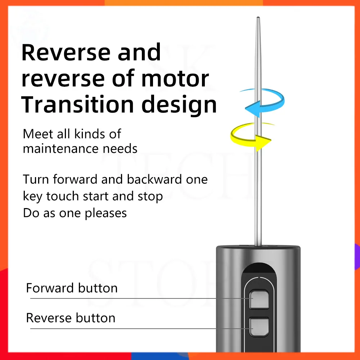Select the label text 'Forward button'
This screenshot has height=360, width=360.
point(72,288)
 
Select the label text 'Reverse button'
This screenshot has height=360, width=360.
point(71,318)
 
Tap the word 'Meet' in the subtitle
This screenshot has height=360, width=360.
point(35,134)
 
